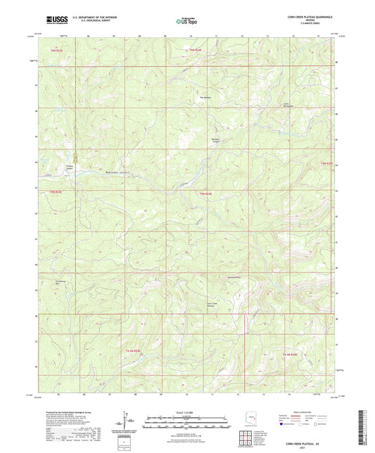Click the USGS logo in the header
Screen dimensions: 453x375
[x=53, y=20]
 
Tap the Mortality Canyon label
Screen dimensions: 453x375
[x=217, y=140]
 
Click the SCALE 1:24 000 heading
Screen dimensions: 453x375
[x=187, y=411]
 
